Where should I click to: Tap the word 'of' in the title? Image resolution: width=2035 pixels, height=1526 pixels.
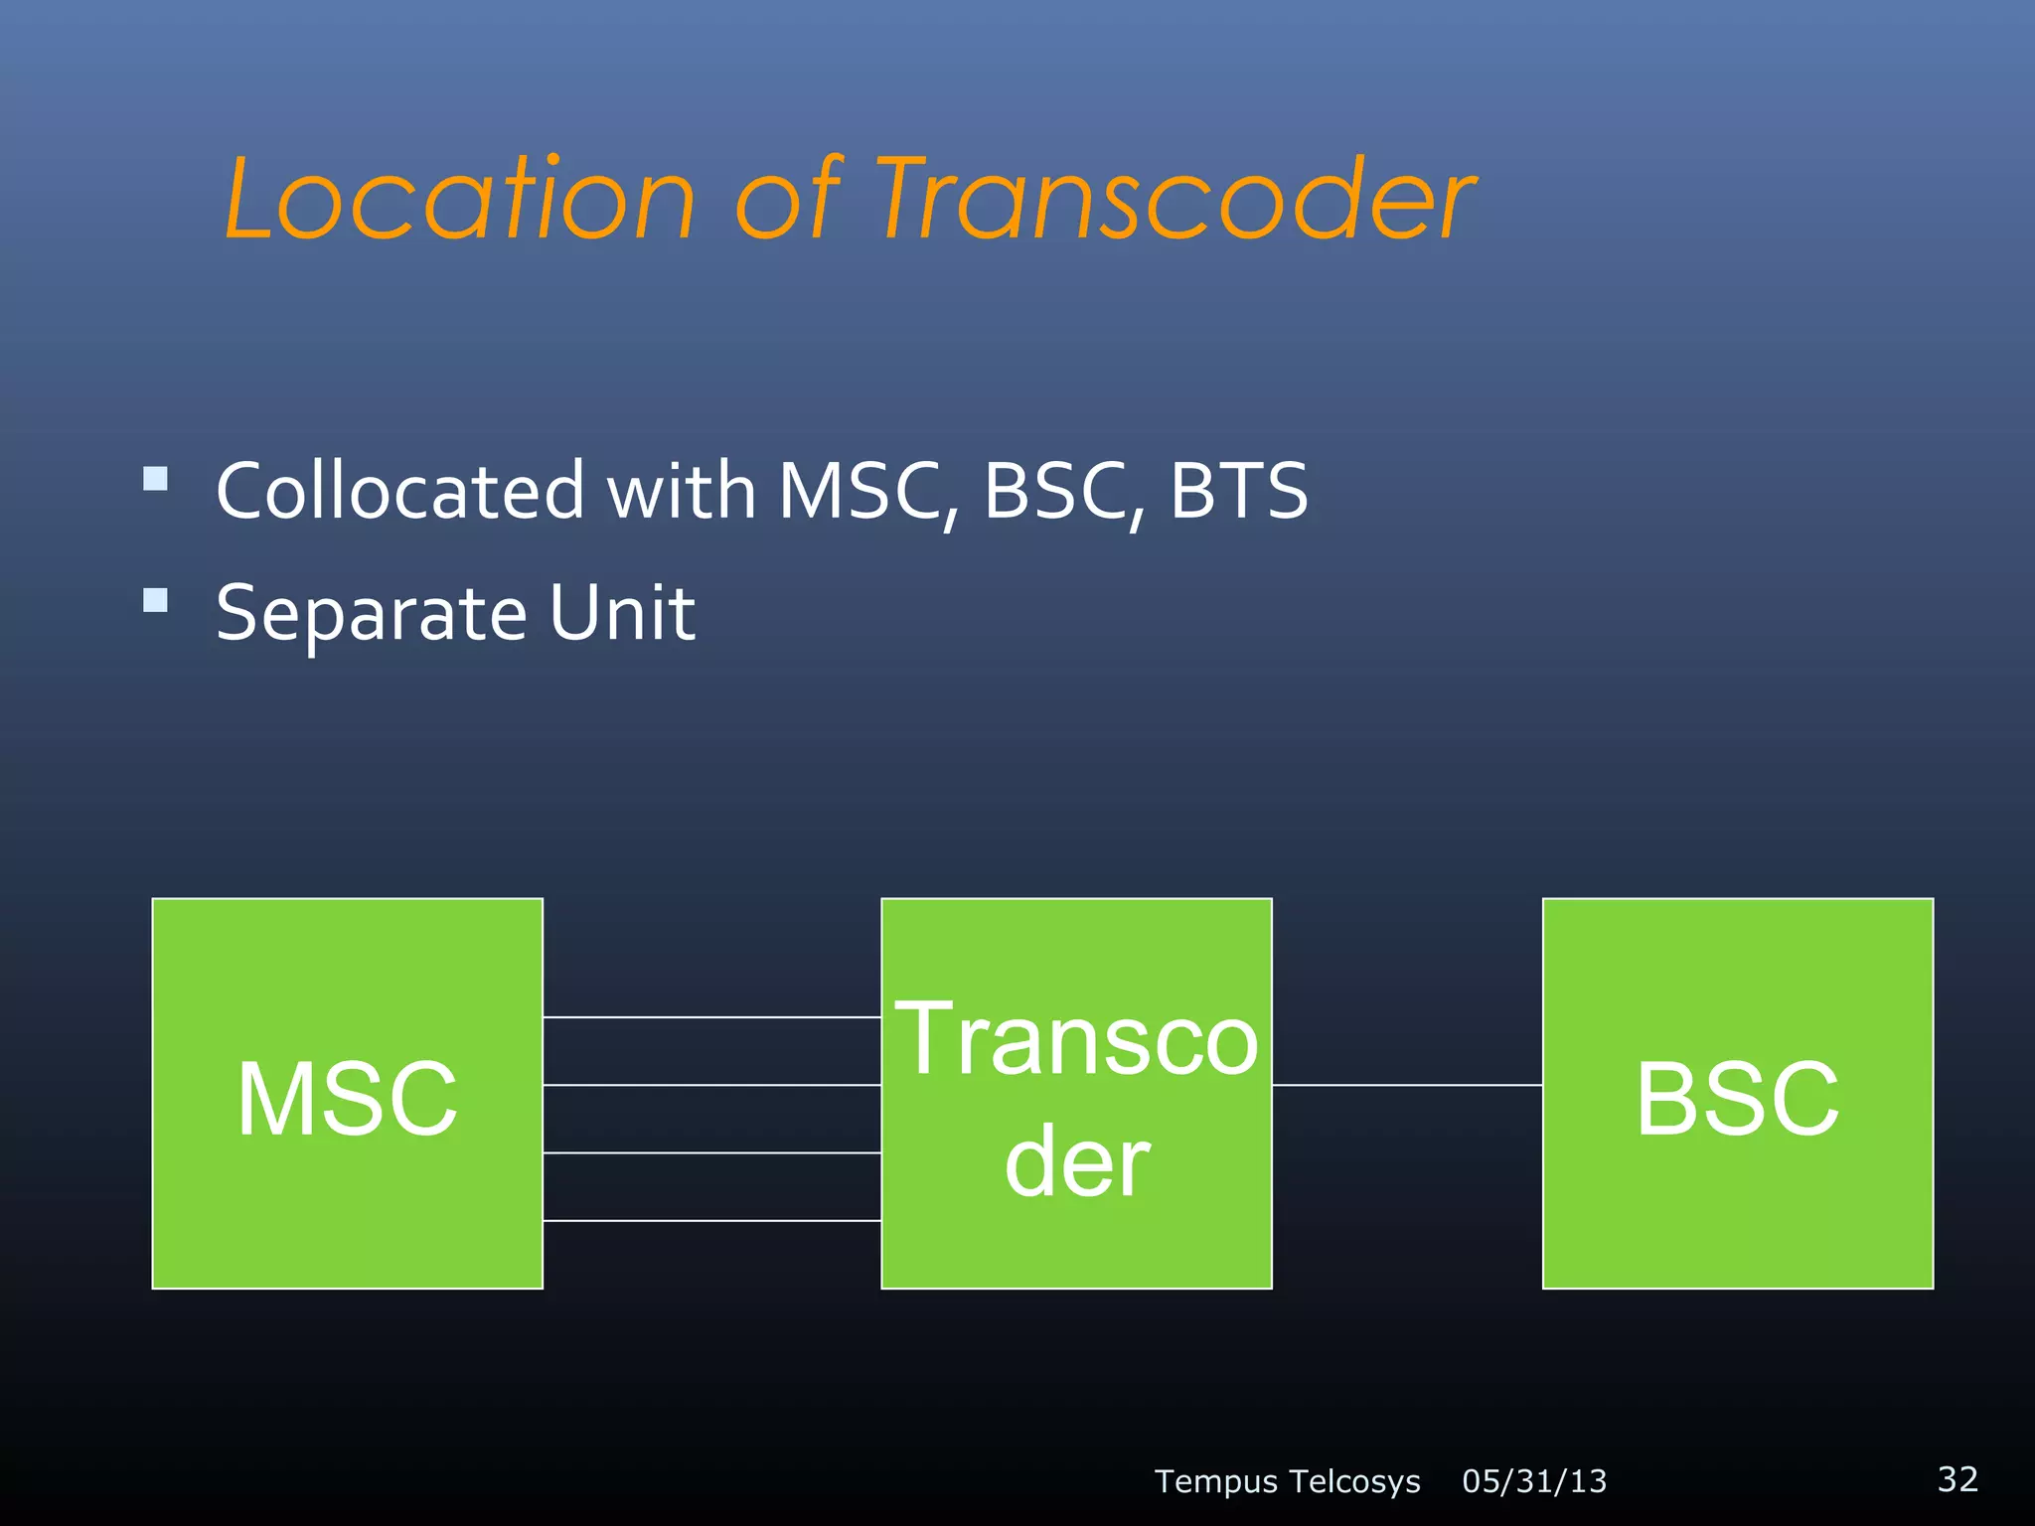click(787, 201)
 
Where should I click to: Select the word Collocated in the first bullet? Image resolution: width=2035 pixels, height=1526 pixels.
click(400, 491)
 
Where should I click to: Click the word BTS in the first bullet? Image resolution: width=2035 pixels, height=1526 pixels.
click(1238, 491)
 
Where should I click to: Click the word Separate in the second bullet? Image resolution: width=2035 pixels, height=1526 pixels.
click(371, 614)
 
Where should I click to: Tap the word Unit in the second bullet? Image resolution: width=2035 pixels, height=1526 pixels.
click(622, 612)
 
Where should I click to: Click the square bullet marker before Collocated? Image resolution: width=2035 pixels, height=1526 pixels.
click(155, 480)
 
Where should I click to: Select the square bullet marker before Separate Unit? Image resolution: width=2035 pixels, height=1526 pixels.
click(155, 600)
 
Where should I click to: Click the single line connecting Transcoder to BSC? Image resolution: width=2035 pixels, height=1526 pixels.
click(1407, 1085)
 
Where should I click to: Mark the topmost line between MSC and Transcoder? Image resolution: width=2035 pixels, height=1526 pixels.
click(711, 1017)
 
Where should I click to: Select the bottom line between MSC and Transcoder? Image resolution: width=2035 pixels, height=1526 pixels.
click(711, 1220)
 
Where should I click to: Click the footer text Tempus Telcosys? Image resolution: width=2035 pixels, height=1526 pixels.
click(1287, 1481)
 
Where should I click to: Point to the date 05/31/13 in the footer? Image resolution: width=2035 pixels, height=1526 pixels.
click(1533, 1481)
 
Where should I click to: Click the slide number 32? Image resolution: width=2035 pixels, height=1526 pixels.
click(1957, 1478)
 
